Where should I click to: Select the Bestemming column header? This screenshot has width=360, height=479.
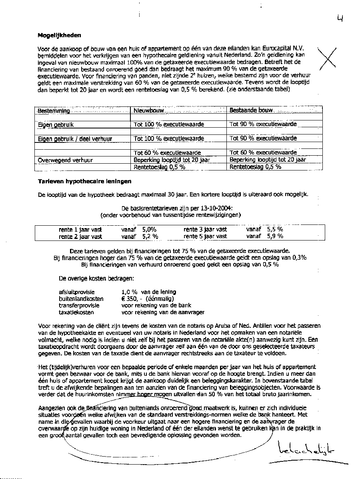(x=54, y=110)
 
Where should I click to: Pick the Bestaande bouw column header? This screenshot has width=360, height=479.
(x=251, y=110)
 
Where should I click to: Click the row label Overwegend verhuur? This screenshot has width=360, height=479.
(x=65, y=160)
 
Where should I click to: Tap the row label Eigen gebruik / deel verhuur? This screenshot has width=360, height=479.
(x=75, y=139)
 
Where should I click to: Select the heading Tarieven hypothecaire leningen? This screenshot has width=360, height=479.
(x=84, y=181)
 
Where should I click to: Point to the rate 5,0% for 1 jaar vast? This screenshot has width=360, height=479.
(x=149, y=230)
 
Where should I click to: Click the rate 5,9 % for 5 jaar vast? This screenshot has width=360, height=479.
(x=275, y=236)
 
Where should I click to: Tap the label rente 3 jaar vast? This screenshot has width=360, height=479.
(x=205, y=230)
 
